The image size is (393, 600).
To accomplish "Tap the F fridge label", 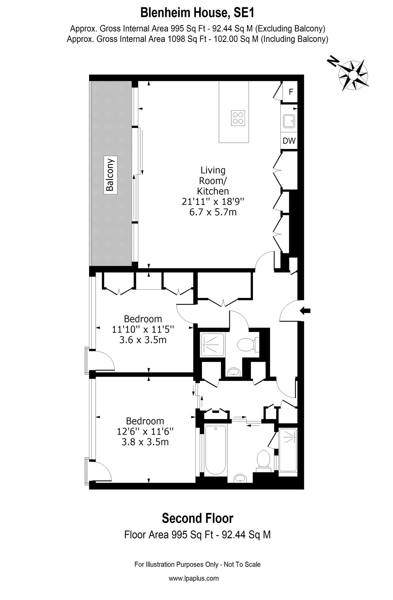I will click(291, 92).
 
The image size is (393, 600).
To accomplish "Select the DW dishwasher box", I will click(289, 141).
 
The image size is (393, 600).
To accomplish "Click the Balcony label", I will click(110, 175).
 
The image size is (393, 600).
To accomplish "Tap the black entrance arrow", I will click(305, 311).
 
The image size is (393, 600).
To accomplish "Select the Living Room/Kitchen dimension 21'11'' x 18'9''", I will click(213, 202).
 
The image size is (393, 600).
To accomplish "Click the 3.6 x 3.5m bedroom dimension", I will click(143, 340).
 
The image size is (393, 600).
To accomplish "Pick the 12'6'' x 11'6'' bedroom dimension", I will click(145, 432).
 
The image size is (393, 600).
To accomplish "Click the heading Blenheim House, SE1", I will click(197, 13).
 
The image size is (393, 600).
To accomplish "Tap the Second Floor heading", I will click(197, 518).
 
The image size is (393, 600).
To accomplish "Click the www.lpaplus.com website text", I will click(194, 578).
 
